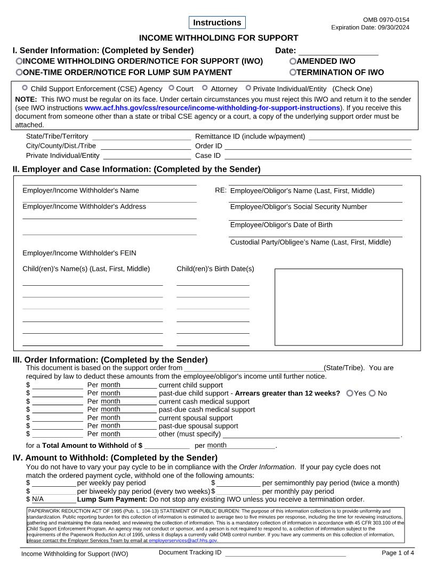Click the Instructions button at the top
point(217,22)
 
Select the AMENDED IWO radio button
point(293,61)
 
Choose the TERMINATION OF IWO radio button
point(293,73)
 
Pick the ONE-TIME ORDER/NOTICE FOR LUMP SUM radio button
point(19,73)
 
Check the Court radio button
point(171,88)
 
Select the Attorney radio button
point(205,88)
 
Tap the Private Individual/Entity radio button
point(248,88)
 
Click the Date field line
point(338,51)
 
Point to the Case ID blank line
point(318,156)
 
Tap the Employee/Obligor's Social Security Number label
point(299,207)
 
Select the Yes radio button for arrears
point(350,393)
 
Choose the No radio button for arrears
point(372,393)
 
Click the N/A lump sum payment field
point(53,499)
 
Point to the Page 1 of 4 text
point(398,553)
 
